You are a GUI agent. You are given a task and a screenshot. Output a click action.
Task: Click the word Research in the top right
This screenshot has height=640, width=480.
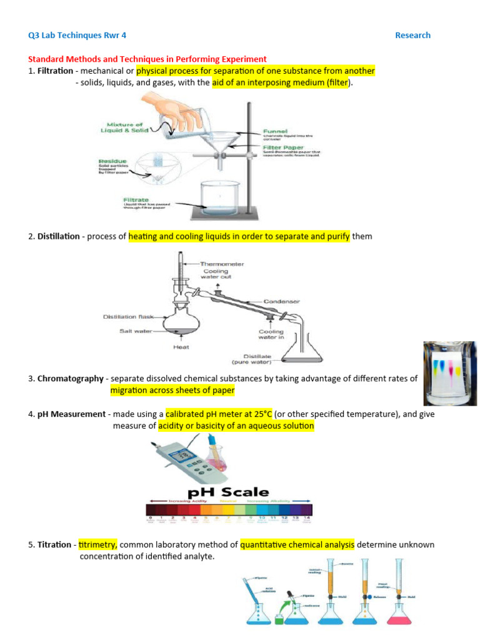click(x=412, y=36)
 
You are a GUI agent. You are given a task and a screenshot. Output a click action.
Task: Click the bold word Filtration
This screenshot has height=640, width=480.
click(x=55, y=71)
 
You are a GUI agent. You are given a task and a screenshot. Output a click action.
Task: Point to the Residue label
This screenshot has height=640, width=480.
click(x=114, y=161)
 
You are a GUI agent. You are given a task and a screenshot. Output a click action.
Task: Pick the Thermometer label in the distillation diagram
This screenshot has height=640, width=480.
click(x=222, y=264)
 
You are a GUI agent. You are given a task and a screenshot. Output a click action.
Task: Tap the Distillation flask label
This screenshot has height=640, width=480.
click(x=127, y=317)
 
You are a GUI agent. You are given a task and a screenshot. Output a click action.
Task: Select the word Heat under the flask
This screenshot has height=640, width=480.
click(x=182, y=346)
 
